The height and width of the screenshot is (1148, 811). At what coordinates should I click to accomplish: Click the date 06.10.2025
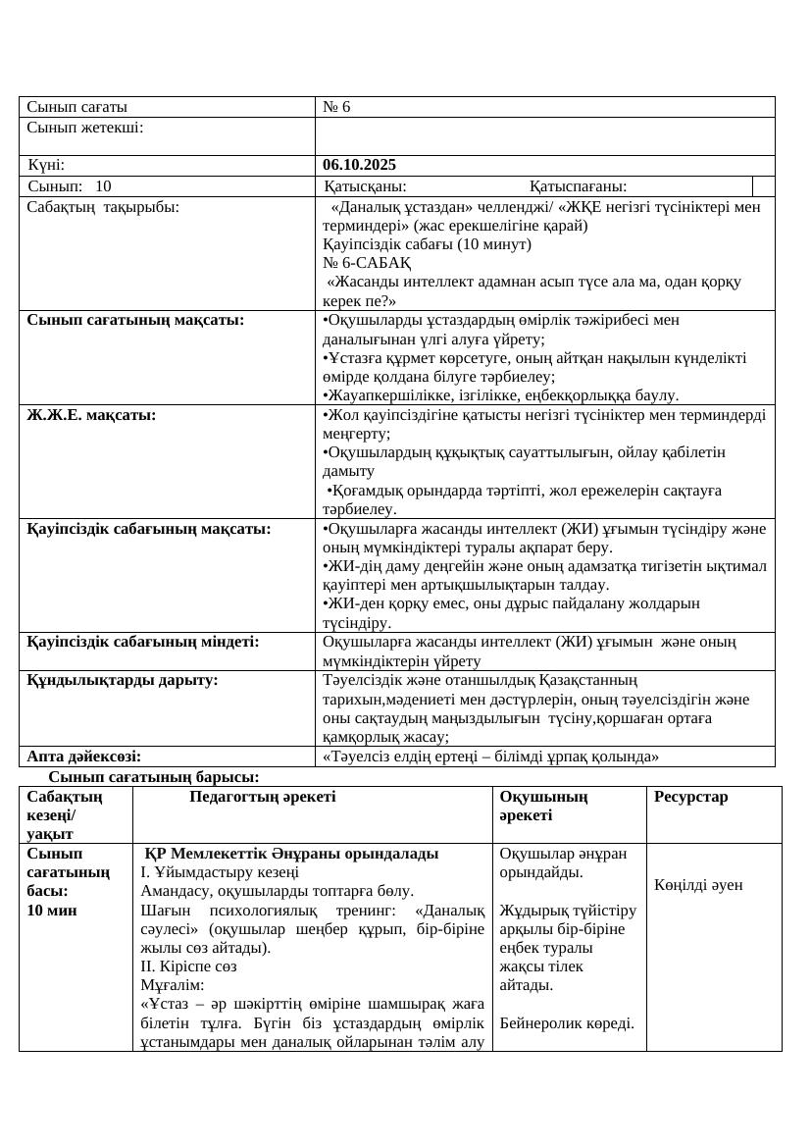point(360,165)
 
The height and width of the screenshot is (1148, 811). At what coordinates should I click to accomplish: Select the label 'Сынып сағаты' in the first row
point(77,107)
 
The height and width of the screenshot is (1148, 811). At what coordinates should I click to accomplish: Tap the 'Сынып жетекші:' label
point(85,127)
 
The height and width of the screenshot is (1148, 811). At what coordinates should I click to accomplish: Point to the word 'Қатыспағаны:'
point(579,186)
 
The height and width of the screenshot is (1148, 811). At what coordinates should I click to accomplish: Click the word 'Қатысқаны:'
point(366,186)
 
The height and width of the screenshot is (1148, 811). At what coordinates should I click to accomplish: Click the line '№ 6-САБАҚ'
point(367,263)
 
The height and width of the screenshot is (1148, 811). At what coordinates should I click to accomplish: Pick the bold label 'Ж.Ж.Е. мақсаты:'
point(91,415)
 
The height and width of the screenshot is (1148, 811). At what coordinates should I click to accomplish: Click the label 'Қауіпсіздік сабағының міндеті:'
point(143,642)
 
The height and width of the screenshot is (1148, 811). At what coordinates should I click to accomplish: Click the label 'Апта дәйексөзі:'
point(83,756)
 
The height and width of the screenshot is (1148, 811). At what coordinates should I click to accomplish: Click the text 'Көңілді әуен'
point(698,885)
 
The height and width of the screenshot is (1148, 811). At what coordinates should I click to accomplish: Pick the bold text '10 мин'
point(48,910)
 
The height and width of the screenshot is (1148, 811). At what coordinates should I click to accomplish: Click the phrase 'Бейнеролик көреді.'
point(567,1023)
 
